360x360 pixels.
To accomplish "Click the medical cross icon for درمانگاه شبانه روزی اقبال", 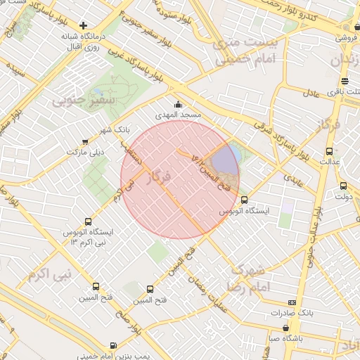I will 84,25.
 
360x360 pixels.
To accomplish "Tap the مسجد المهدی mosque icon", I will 177,104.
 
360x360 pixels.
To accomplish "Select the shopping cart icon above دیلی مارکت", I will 85,141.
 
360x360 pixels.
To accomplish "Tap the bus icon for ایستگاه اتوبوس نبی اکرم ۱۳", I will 88,221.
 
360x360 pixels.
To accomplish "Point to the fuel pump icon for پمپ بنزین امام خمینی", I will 113,345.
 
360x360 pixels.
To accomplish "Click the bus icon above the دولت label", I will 343,186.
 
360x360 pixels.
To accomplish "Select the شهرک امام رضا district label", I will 245,278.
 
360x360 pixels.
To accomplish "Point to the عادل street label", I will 311,92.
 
